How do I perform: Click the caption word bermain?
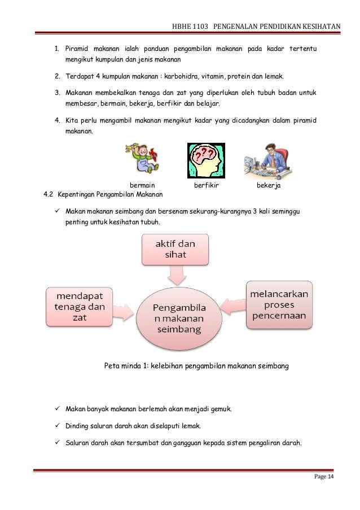point(142,185)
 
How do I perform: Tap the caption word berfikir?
point(206,185)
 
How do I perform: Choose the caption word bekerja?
point(269,185)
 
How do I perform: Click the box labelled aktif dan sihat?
point(175,250)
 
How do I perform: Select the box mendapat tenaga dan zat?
point(80,307)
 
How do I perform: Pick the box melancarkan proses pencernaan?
point(279,304)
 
